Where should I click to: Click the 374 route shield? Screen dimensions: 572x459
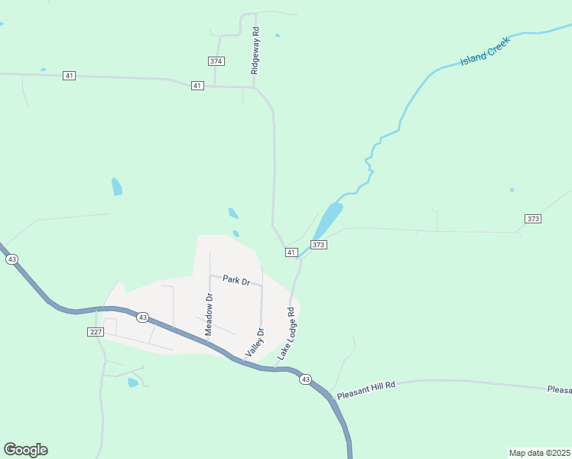pyautogui.click(x=216, y=60)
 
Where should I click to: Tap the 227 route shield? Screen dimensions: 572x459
pyautogui.click(x=95, y=331)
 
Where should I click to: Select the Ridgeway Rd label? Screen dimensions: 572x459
pyautogui.click(x=256, y=51)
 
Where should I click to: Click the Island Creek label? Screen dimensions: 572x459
pyautogui.click(x=485, y=50)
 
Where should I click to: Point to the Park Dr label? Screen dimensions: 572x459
pyautogui.click(x=236, y=280)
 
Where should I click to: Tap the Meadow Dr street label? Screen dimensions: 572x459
pyautogui.click(x=209, y=314)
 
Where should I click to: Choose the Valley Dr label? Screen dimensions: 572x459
pyautogui.click(x=255, y=343)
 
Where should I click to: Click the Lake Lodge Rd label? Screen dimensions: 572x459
pyautogui.click(x=286, y=334)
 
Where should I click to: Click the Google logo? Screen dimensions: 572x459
pyautogui.click(x=25, y=450)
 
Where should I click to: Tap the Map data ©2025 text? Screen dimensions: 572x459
pyautogui.click(x=539, y=453)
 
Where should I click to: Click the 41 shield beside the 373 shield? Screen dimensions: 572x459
pyautogui.click(x=291, y=252)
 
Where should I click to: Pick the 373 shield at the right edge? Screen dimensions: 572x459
pyautogui.click(x=533, y=219)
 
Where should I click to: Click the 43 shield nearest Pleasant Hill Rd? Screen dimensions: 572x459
pyautogui.click(x=305, y=379)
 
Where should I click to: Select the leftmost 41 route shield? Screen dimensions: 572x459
pyautogui.click(x=70, y=76)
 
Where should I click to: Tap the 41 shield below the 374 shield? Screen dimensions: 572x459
pyautogui.click(x=197, y=86)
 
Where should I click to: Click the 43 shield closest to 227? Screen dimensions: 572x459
pyautogui.click(x=141, y=317)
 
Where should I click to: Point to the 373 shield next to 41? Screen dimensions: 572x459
pyautogui.click(x=319, y=245)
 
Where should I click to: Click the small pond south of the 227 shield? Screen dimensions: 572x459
pyautogui.click(x=134, y=382)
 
